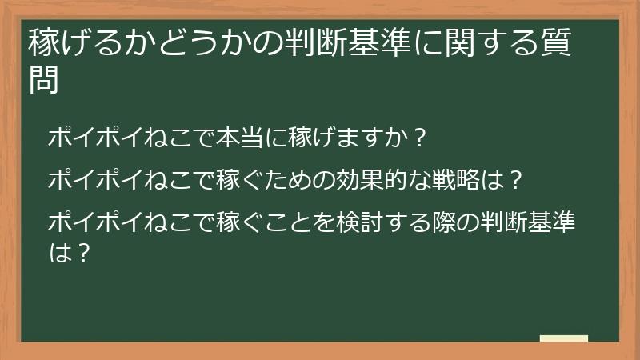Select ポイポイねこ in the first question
tap(120, 138)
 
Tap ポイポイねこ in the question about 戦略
tap(120, 180)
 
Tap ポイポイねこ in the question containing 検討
tap(120, 222)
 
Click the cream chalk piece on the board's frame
tap(563, 338)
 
